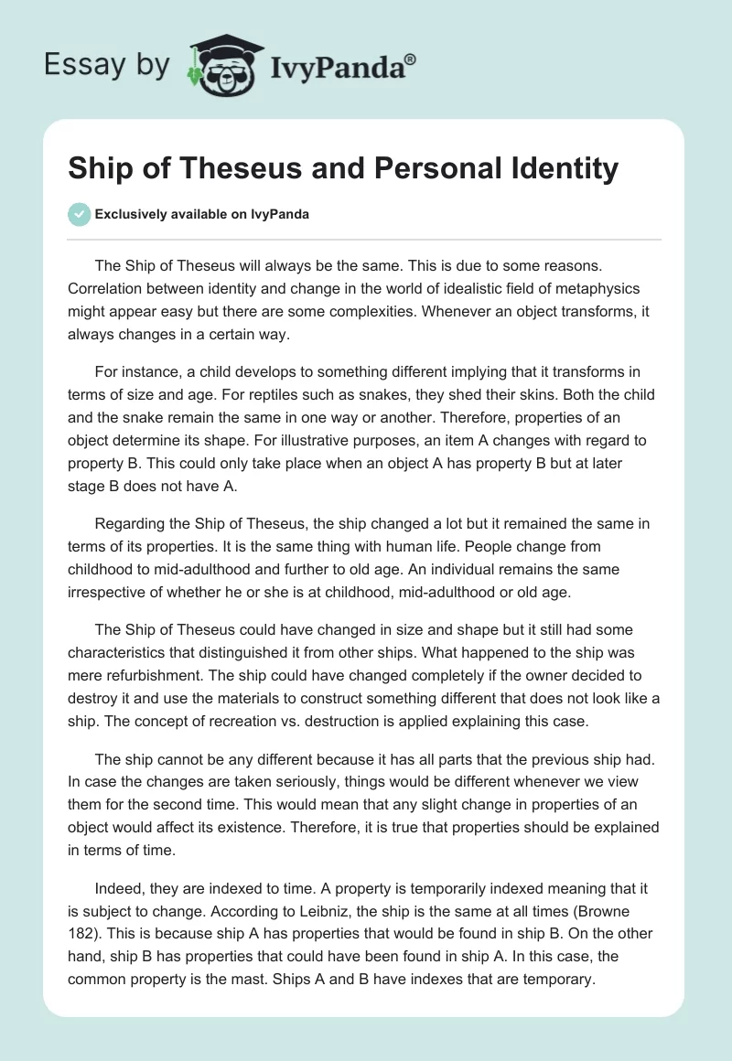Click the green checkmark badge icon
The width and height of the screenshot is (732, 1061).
tap(79, 214)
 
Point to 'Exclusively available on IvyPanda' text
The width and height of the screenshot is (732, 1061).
tap(202, 215)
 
